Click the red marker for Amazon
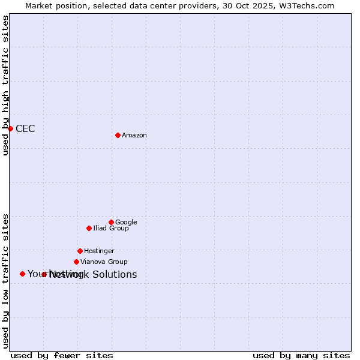[x=118, y=135]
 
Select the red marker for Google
[x=111, y=222]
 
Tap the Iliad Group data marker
[x=89, y=228]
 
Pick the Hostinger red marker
[x=80, y=251]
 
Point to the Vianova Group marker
[x=76, y=262]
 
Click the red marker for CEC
[x=10, y=128]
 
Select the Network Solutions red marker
[x=44, y=274]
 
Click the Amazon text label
[x=134, y=136]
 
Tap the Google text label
[x=126, y=223]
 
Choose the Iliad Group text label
[x=111, y=229]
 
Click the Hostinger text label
[x=99, y=251]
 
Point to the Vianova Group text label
[x=104, y=262]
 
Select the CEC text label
[x=25, y=129]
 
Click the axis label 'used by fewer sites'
[x=62, y=356]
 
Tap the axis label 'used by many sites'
[x=301, y=356]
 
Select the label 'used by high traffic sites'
[x=6, y=85]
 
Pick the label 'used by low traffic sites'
[x=6, y=280]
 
